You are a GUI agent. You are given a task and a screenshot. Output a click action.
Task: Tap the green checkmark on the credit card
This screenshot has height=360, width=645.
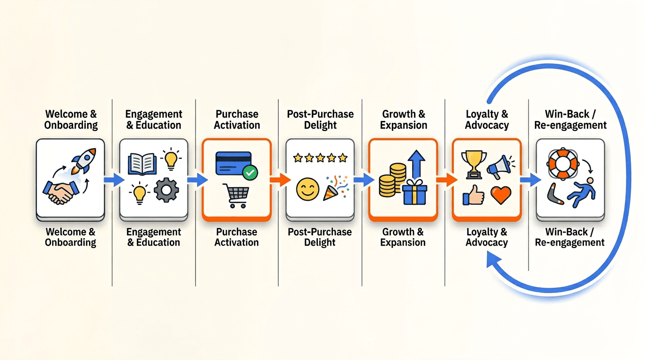click(x=250, y=173)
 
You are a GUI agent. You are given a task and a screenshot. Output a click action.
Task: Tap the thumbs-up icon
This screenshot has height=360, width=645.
click(x=473, y=195)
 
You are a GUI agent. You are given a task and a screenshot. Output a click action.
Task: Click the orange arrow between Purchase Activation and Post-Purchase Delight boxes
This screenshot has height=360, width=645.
click(x=279, y=180)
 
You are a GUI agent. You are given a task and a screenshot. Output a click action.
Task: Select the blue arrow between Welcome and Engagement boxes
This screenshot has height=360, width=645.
click(x=113, y=180)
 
